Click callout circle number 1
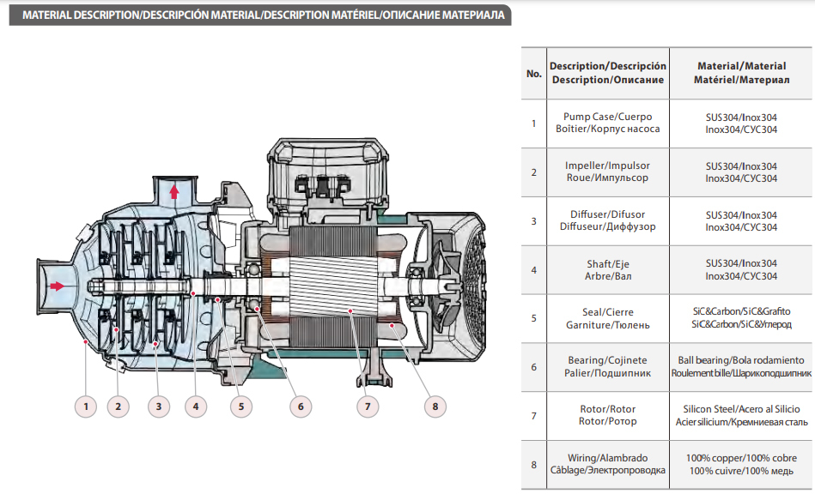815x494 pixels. [x=84, y=405]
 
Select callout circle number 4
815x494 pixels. [x=195, y=405]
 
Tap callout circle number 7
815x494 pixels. [x=368, y=405]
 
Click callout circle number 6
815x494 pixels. [x=300, y=405]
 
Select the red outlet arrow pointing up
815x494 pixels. [x=174, y=190]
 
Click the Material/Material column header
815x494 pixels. [x=741, y=73]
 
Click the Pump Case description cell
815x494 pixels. [x=608, y=123]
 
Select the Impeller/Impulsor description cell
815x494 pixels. [x=608, y=172]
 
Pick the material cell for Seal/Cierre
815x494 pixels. [x=741, y=318]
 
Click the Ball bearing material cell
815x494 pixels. [x=741, y=367]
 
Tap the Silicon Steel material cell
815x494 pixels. [x=741, y=416]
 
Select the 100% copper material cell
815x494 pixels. [x=741, y=465]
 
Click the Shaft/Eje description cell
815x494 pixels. [x=608, y=269]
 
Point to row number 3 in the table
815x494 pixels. [x=533, y=220]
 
